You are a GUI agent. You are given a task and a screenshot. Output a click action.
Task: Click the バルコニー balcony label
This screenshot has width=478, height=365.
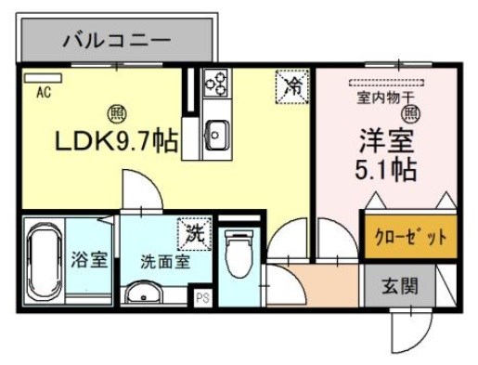116,41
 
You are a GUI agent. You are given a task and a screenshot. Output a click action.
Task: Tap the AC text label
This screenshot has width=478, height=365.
44,93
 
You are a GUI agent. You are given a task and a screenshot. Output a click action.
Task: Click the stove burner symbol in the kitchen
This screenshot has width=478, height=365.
217,85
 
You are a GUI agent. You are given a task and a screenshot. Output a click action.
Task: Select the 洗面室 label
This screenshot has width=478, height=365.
165,261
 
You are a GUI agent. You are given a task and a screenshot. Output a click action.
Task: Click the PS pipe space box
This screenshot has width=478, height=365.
201,299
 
